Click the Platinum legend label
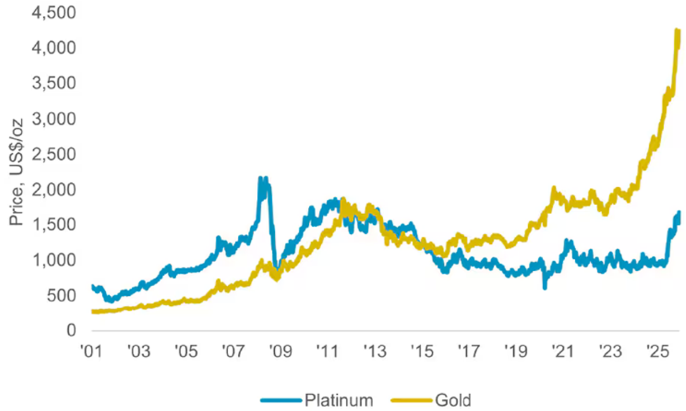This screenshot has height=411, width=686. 339,400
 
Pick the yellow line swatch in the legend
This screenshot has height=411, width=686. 412,400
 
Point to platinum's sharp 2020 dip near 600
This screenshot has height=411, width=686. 544,287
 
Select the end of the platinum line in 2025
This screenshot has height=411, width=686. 679,213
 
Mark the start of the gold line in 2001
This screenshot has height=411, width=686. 92,311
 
